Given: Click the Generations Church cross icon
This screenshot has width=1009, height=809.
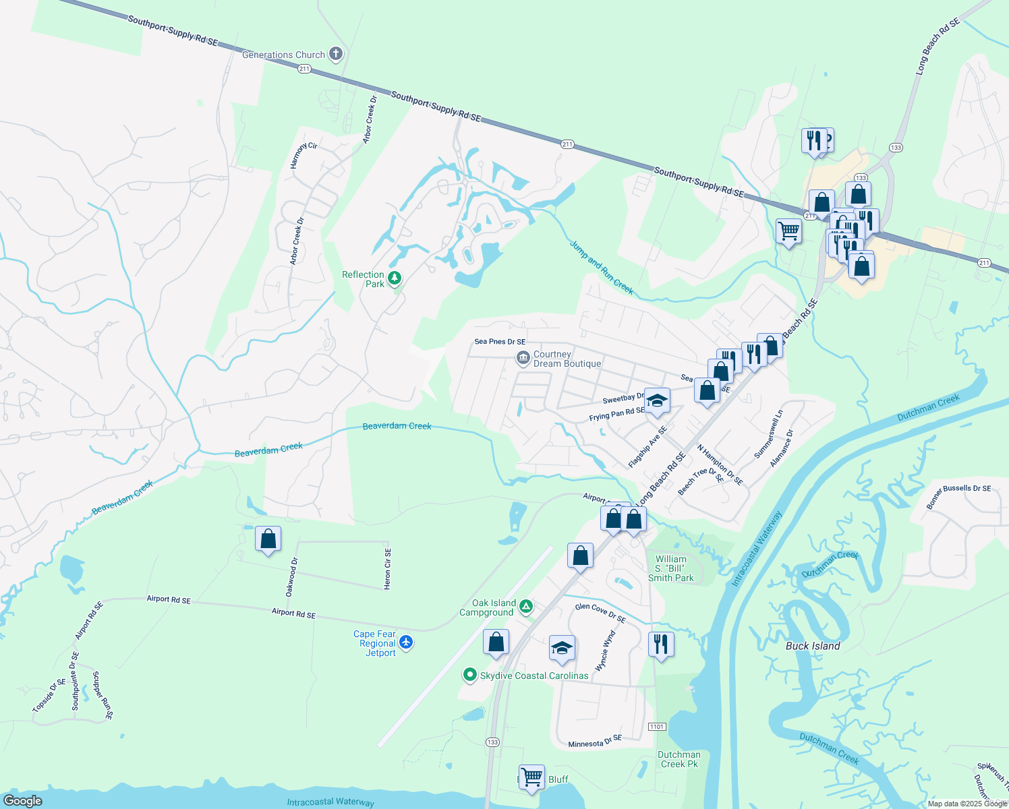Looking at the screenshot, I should coord(336,55).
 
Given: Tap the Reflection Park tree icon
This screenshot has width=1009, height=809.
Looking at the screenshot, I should coord(395,278).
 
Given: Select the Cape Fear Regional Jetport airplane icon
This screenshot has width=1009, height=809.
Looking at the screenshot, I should coord(406,642).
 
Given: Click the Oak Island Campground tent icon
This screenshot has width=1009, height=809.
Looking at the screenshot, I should coord(526,607).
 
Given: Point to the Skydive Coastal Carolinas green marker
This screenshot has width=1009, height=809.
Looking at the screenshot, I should coord(470,675).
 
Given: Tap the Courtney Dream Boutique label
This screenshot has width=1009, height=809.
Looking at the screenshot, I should coord(567,359).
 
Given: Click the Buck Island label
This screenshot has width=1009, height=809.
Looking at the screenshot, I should coord(813,646).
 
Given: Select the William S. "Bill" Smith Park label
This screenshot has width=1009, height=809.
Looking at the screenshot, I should coord(670,568).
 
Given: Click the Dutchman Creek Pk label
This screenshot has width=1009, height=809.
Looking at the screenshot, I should coord(679,759).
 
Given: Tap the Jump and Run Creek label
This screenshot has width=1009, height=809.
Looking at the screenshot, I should coord(602,268).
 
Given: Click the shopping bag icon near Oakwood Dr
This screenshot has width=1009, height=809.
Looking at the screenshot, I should coord(268,539).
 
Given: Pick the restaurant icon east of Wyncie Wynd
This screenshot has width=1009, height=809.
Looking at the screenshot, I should coord(660,645).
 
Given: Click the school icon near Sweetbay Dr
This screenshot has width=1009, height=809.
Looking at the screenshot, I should coord(656,401).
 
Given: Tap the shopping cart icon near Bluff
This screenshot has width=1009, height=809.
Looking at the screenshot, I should coord(531,777).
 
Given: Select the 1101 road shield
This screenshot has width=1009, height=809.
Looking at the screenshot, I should coord(657,726).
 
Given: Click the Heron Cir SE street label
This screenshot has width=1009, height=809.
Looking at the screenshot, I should coord(387,568).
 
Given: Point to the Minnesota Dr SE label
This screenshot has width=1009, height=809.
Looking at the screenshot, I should coord(594,742).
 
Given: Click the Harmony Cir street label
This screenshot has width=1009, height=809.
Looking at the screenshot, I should coord(304,156).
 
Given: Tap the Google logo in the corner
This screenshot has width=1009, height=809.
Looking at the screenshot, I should coord(22,800).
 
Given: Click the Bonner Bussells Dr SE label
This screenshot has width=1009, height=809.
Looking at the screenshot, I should coord(958,496).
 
